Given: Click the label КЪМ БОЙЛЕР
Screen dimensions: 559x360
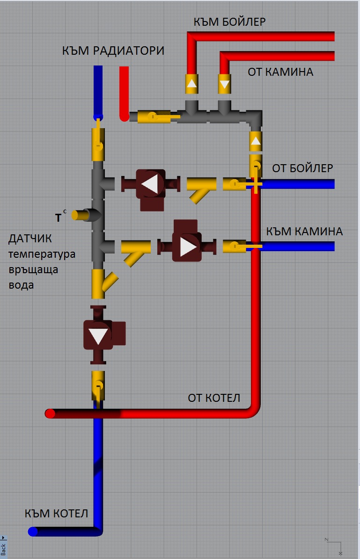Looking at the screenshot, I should click(x=230, y=22).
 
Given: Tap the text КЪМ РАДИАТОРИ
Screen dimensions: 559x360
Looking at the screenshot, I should click(x=113, y=51).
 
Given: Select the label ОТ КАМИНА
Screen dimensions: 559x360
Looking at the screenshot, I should click(x=280, y=72).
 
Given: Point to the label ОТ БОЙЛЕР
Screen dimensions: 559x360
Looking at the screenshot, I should click(x=303, y=168).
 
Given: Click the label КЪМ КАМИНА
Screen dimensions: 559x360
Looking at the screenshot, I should click(x=305, y=231).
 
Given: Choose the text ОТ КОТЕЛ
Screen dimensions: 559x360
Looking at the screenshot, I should click(x=214, y=398).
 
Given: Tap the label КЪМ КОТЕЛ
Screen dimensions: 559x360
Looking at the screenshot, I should click(x=56, y=514).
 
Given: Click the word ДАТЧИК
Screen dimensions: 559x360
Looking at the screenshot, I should click(x=30, y=239).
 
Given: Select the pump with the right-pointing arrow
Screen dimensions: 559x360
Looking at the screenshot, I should click(x=187, y=246).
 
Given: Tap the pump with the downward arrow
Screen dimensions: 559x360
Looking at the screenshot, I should click(x=99, y=335).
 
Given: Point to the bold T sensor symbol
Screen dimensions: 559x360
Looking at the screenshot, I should click(x=59, y=217).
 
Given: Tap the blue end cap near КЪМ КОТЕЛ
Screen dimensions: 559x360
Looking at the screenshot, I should click(x=33, y=531).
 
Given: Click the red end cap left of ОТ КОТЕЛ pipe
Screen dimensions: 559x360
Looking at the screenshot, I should click(x=49, y=414).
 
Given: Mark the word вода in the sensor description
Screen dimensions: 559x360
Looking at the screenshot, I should click(x=21, y=284).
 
